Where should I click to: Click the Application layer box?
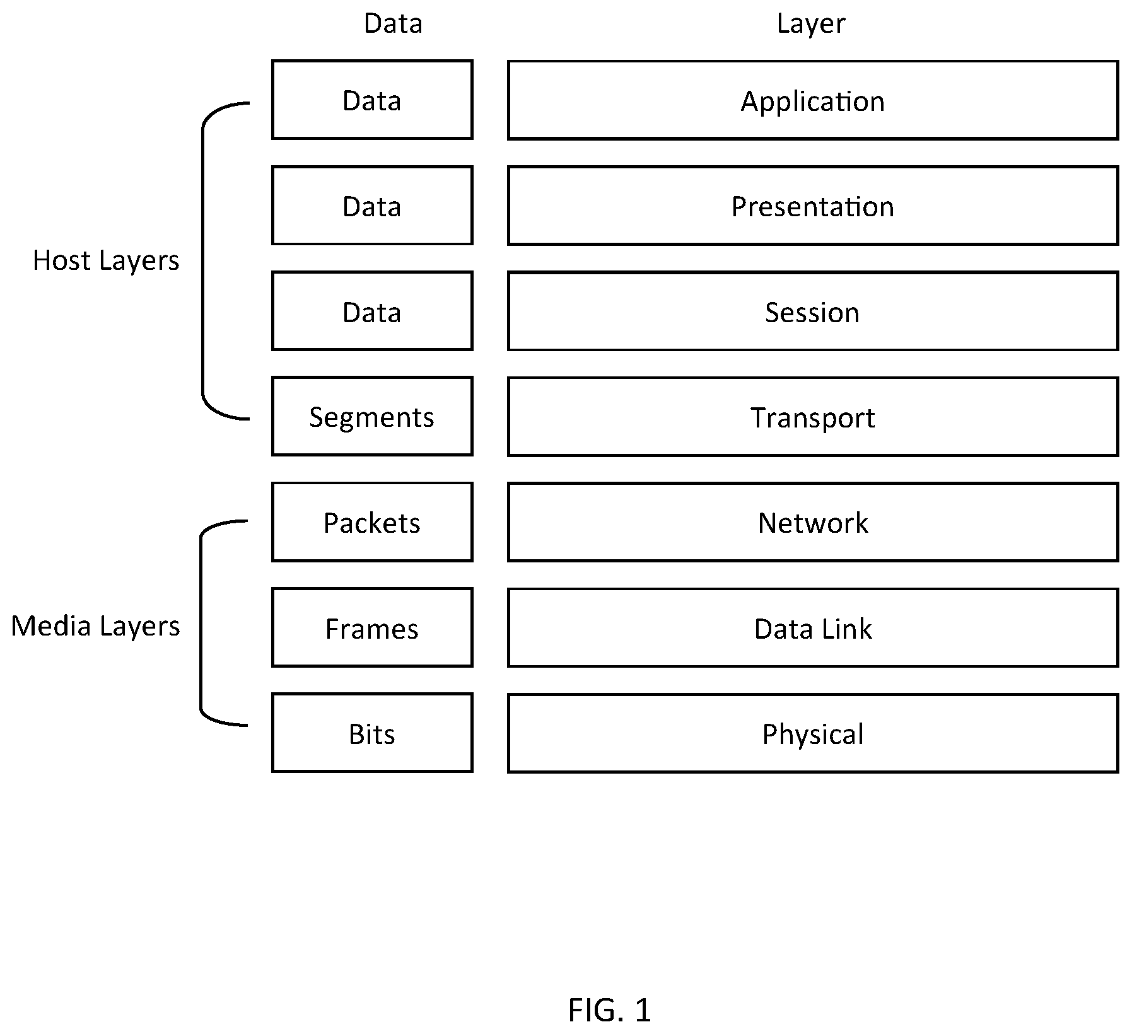click(x=813, y=100)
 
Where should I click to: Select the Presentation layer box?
click(x=813, y=206)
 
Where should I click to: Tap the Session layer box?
click(x=813, y=311)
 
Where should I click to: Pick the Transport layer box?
click(x=813, y=417)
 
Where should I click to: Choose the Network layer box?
click(x=813, y=522)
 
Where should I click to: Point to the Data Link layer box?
click(x=813, y=628)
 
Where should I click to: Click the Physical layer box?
click(x=813, y=733)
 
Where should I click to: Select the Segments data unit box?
click(x=372, y=416)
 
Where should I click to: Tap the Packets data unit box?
click(x=372, y=522)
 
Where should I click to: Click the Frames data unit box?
click(x=372, y=627)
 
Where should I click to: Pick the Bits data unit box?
click(x=372, y=733)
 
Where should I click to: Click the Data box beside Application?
click(x=372, y=100)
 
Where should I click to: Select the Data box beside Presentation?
click(x=372, y=206)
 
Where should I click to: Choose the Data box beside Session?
click(x=372, y=311)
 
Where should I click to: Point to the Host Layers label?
click(x=106, y=261)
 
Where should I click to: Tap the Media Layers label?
click(x=95, y=627)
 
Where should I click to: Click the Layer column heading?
click(x=811, y=24)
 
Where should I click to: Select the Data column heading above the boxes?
click(x=393, y=23)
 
